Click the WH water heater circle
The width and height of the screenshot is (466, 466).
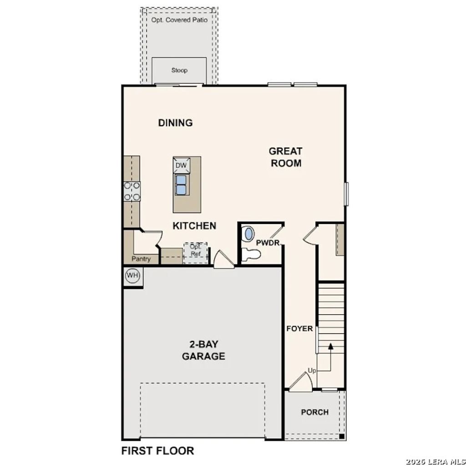(x=132, y=276)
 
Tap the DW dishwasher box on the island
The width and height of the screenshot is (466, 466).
(x=181, y=165)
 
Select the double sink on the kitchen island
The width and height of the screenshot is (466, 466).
(x=181, y=184)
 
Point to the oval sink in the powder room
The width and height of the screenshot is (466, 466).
(x=249, y=234)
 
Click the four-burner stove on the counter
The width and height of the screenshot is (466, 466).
(x=132, y=191)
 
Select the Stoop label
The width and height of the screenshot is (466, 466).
(x=179, y=71)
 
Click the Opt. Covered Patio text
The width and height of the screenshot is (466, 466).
(x=179, y=20)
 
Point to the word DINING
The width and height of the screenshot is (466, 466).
(x=175, y=123)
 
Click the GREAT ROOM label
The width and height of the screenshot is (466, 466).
(x=286, y=157)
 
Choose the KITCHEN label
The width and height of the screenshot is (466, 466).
(x=194, y=226)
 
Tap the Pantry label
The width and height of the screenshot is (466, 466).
(x=141, y=259)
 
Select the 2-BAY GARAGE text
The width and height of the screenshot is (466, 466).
(x=203, y=350)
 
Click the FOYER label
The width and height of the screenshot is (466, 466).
(x=299, y=329)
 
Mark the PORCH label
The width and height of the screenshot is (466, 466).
(x=314, y=412)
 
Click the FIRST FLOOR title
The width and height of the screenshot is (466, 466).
(x=157, y=451)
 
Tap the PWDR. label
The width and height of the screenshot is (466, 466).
(x=268, y=243)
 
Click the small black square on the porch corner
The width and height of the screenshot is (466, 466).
(x=341, y=436)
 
